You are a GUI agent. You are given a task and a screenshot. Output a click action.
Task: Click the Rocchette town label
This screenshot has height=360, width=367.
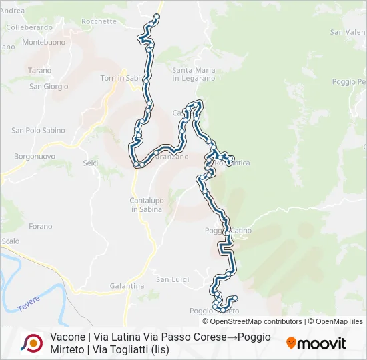pyautogui.click(x=99, y=21)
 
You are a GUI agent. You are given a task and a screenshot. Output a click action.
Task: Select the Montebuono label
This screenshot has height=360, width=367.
pyautogui.click(x=44, y=41)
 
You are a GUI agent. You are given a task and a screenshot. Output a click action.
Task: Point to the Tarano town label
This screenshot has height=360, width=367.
pyautogui.click(x=39, y=70)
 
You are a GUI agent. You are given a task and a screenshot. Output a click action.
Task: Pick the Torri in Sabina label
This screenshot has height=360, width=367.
pyautogui.click(x=122, y=78)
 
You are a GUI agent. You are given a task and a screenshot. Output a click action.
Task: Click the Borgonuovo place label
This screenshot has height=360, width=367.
pyautogui.click(x=33, y=156)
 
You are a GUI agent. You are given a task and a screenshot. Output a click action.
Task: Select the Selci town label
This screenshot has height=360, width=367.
pyautogui.click(x=91, y=163)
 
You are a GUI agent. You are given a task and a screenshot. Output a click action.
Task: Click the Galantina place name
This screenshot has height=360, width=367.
pyautogui.click(x=127, y=286)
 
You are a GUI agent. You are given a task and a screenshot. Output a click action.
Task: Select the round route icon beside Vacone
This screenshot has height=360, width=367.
pyautogui.click(x=31, y=343)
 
